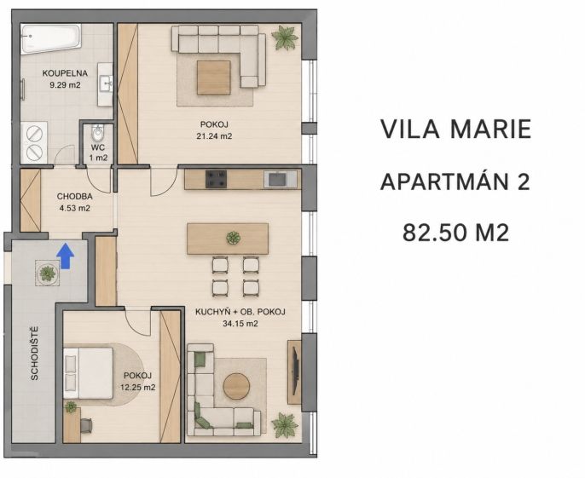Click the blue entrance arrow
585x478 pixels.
(66, 256)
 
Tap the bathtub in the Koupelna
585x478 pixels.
(50, 39)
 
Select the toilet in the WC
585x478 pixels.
(98, 132)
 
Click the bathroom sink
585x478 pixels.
(106, 84)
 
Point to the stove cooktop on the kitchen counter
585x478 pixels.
(216, 179)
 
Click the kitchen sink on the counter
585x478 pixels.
(281, 179)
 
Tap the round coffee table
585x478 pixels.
(236, 386)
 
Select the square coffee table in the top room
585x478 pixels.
(214, 78)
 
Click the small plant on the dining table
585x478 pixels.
(233, 238)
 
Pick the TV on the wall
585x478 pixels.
(295, 371)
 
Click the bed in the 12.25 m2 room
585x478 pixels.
(88, 373)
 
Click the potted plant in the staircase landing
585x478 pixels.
(48, 274)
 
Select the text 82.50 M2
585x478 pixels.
(455, 233)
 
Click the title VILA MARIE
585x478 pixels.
(456, 129)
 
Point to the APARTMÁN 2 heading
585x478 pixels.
(455, 182)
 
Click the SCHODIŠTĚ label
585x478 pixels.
(34, 354)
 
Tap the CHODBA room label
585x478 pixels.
(75, 196)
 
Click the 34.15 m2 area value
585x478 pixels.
(240, 324)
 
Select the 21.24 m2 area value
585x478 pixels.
(214, 136)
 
